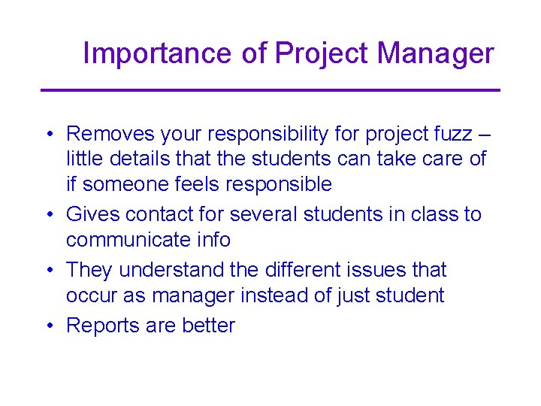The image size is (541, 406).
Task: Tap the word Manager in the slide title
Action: [x=435, y=53]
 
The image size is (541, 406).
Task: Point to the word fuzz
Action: [x=450, y=134]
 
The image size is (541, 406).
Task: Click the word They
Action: [x=90, y=270]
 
